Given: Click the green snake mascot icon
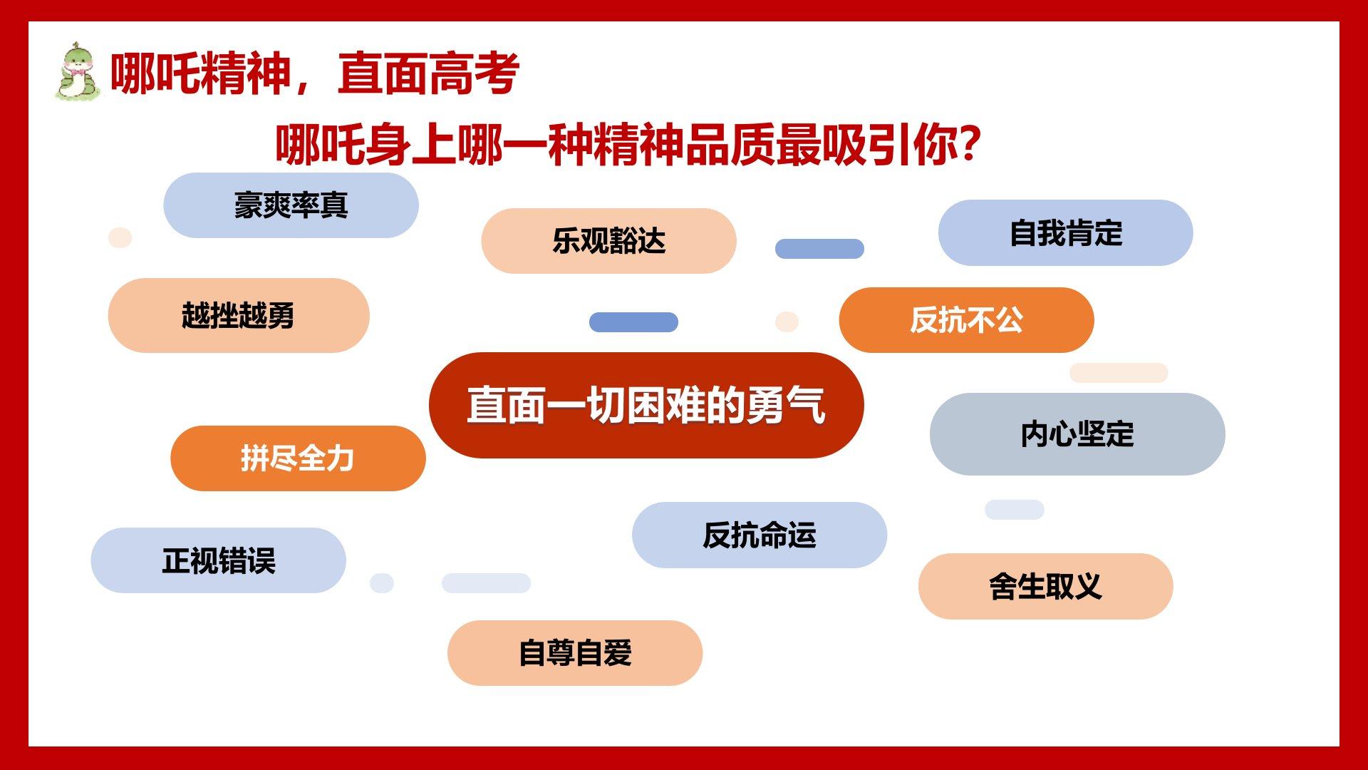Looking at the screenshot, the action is (77, 71).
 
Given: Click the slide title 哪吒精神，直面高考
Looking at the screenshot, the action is (314, 73).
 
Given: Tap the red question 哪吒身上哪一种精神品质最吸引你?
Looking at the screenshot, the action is (628, 145).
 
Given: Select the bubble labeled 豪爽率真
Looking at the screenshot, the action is (291, 205).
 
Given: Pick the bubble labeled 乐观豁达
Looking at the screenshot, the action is (608, 241).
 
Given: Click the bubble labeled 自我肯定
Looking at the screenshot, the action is (1065, 233).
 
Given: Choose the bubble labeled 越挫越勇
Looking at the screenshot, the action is (239, 315).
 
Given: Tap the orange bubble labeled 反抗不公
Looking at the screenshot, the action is (966, 320).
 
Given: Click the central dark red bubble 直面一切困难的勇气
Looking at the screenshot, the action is (646, 405).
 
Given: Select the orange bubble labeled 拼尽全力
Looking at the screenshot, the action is (298, 458).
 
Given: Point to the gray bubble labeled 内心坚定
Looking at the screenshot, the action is (1077, 434).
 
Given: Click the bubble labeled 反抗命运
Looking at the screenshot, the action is (760, 535).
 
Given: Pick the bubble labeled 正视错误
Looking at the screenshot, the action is (218, 560).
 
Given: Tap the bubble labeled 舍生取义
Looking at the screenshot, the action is (1045, 586).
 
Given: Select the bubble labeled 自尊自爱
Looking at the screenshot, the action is (575, 653).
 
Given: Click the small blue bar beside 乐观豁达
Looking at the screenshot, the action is (819, 249).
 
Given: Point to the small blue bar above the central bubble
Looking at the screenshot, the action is (633, 322).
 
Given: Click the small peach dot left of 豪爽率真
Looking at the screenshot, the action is (120, 237).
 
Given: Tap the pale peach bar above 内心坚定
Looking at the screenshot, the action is (1119, 373).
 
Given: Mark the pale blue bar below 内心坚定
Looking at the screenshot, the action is (1015, 510).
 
